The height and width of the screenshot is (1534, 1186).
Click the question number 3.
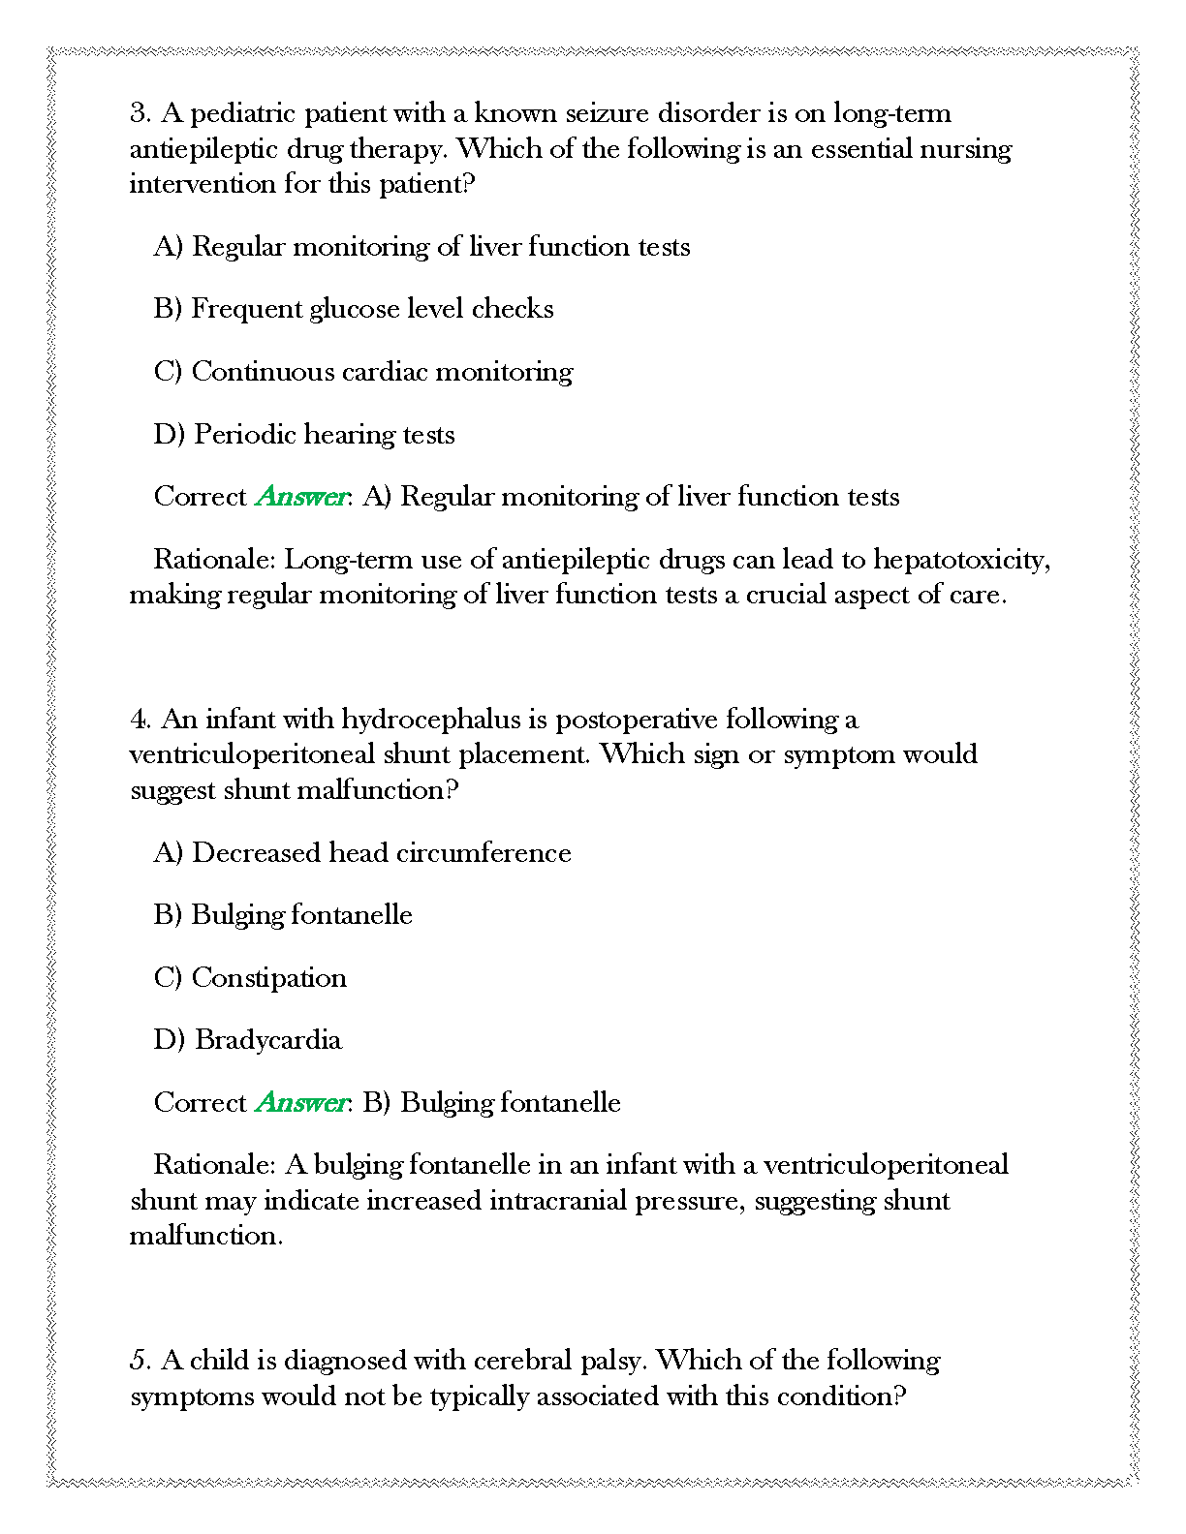pyautogui.click(x=140, y=113)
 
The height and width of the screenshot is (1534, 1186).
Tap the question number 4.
pyautogui.click(x=140, y=720)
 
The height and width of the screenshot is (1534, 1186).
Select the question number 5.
pyautogui.click(x=140, y=1361)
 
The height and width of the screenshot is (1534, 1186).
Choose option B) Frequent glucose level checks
pyautogui.click(x=354, y=309)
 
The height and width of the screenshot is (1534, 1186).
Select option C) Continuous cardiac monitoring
pyautogui.click(x=363, y=372)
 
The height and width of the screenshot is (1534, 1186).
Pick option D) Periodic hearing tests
pyautogui.click(x=304, y=434)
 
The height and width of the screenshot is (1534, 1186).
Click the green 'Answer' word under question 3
pyautogui.click(x=301, y=497)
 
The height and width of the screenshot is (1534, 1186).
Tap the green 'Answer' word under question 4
pyautogui.click(x=301, y=1103)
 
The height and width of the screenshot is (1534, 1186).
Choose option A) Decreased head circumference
pyautogui.click(x=362, y=853)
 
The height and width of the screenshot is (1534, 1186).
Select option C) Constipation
pyautogui.click(x=250, y=978)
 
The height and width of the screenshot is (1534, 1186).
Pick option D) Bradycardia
pyautogui.click(x=248, y=1040)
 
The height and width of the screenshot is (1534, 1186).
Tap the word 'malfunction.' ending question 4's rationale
pyautogui.click(x=206, y=1236)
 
